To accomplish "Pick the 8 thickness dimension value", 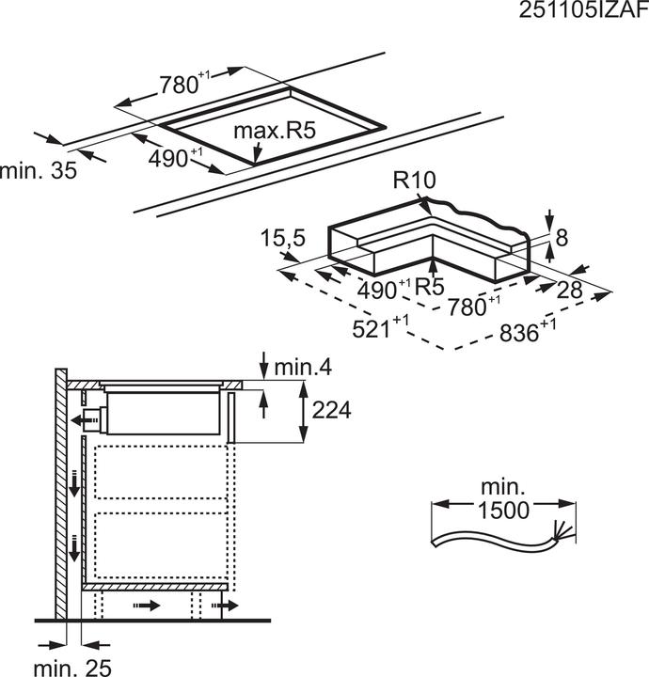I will (x=562, y=238).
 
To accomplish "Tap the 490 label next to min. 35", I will (x=171, y=158).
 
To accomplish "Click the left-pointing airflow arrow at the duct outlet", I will (x=73, y=417).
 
